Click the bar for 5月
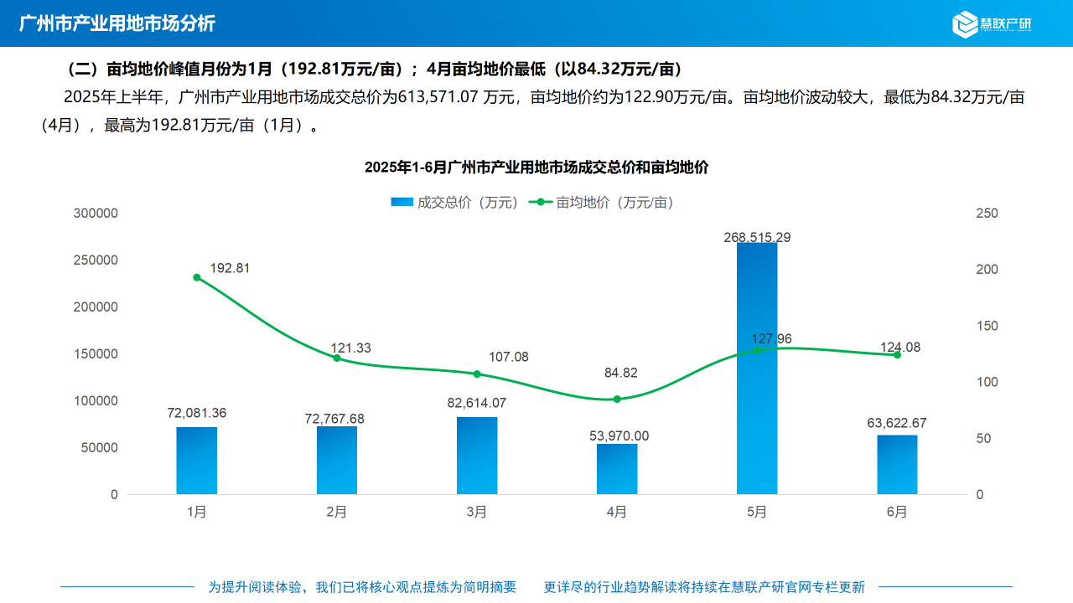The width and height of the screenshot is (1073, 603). [x=757, y=368]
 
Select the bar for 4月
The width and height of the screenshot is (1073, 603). [x=617, y=469]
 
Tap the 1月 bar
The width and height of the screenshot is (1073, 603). [x=197, y=461]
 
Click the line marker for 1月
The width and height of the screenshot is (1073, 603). [x=197, y=277]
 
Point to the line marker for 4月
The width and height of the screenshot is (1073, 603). [x=617, y=399]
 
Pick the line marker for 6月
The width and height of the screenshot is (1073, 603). [x=897, y=355]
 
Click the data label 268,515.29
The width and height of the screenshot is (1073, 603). [x=757, y=237]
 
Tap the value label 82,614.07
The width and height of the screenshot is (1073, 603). [x=477, y=403]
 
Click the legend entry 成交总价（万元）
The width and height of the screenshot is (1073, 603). [x=455, y=202]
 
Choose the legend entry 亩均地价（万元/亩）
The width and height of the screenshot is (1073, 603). [x=604, y=202]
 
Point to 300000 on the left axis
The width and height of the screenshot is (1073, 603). [x=96, y=214]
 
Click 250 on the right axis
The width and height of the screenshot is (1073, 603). [x=987, y=214]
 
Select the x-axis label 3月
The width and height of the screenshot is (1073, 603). [x=477, y=512]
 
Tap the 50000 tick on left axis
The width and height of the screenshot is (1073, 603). [x=99, y=447]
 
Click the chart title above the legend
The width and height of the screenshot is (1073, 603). [x=536, y=167]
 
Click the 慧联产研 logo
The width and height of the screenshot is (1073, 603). [x=993, y=23]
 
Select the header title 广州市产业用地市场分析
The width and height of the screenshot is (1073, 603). [x=117, y=23]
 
